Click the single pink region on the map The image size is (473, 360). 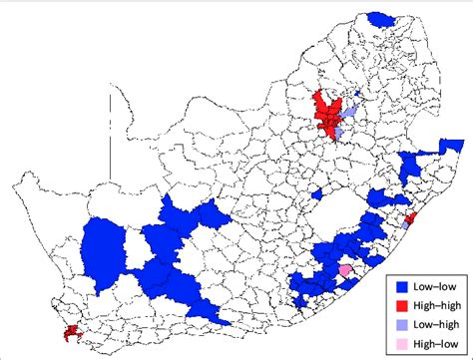pyautogui.click(x=346, y=270)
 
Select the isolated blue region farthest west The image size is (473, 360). pyautogui.click(x=102, y=249)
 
